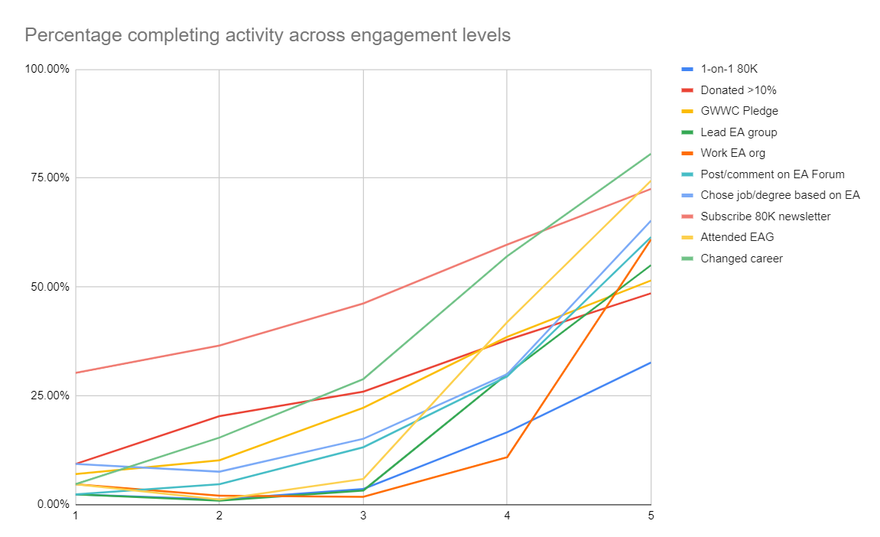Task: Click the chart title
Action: coord(268,35)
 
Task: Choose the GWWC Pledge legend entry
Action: coord(739,111)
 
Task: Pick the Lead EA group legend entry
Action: coord(739,132)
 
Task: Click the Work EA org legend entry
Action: coord(732,153)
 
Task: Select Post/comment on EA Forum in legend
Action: coord(772,174)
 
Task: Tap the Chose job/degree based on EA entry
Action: coord(780,195)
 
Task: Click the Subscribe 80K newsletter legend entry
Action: coord(765,216)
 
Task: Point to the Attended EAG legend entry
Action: coord(737,237)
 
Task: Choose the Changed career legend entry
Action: coord(742,259)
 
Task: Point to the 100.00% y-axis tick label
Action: coord(47,70)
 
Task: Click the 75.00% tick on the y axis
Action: coord(50,178)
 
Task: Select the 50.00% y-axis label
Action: coord(50,287)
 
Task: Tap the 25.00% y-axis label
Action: coord(50,395)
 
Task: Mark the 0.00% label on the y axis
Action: coord(52,504)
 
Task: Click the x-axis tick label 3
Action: coord(363,516)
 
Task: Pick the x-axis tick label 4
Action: coord(507,516)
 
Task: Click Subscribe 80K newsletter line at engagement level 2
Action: coord(219,346)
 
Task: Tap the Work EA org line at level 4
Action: coord(507,457)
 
